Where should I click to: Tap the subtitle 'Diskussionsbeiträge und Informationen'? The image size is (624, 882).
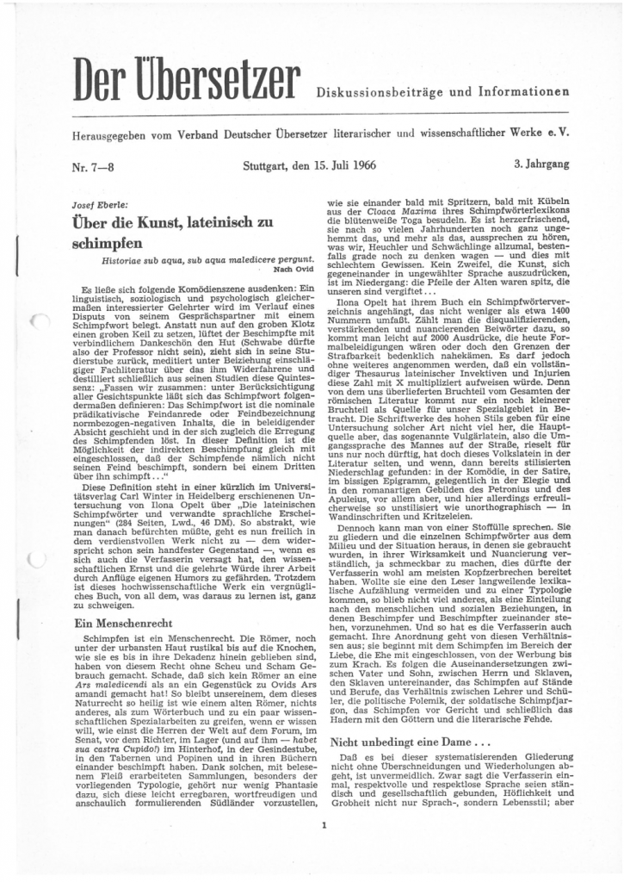click(x=442, y=92)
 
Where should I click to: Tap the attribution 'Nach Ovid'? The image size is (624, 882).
click(x=287, y=268)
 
